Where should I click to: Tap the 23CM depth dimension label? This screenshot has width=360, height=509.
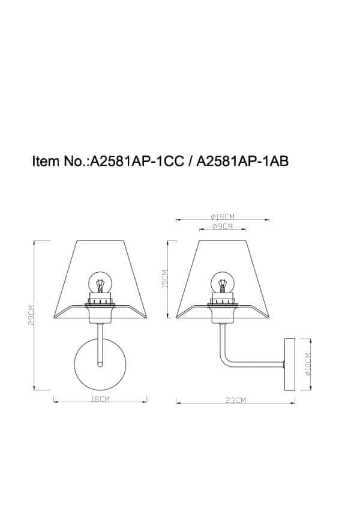tap(236, 400)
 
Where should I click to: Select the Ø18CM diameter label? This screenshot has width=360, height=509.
tap(222, 216)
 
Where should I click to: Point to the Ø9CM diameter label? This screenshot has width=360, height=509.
tap(222, 227)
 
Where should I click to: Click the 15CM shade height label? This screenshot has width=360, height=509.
tap(165, 278)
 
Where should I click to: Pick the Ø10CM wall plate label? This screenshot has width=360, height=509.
tap(308, 364)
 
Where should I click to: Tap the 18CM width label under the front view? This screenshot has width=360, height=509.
tap(100, 399)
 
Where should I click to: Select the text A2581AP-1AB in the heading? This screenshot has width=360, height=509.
tap(243, 161)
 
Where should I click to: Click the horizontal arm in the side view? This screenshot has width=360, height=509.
tap(258, 363)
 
